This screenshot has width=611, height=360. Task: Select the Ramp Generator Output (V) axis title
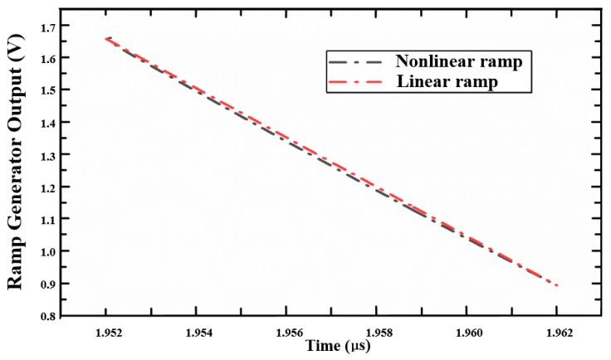14,167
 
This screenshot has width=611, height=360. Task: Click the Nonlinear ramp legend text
463,62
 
